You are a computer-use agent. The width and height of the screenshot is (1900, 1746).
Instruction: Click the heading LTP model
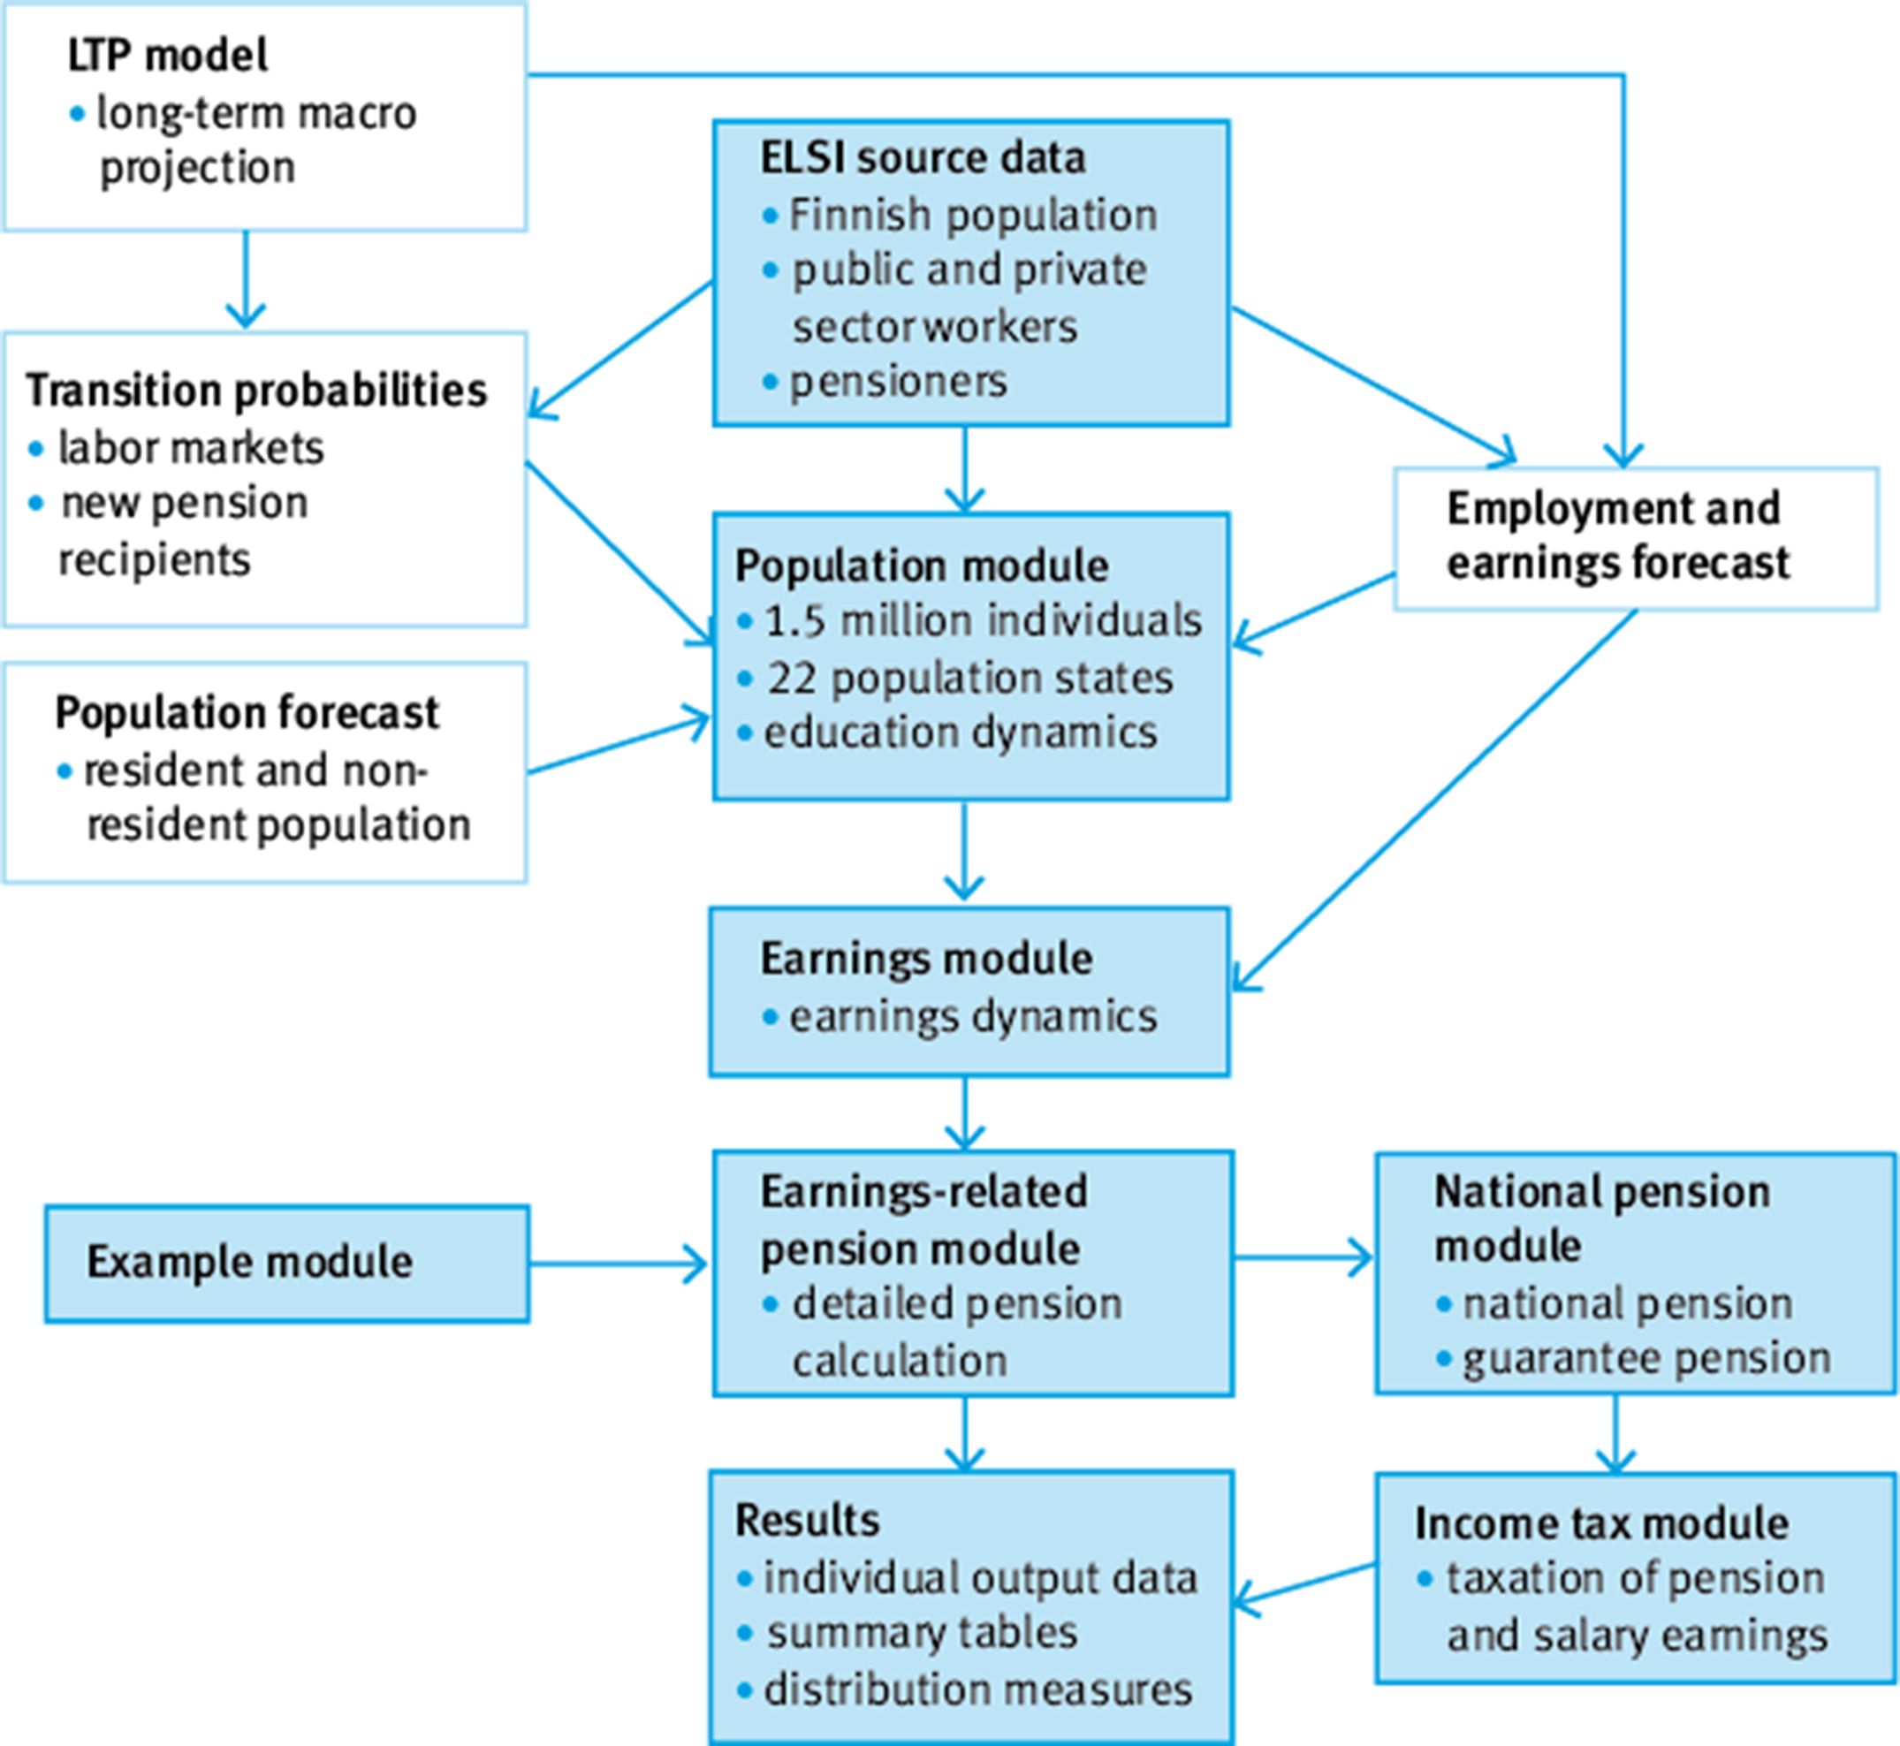click(167, 56)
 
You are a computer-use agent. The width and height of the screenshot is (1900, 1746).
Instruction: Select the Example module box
click(286, 1264)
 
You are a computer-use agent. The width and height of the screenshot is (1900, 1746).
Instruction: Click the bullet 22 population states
click(969, 679)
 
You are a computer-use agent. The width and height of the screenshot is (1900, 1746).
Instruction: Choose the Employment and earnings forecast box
click(1635, 537)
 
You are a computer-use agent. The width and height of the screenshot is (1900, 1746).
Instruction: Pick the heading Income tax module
click(1600, 1524)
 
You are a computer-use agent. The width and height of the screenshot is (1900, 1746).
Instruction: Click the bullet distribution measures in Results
click(977, 1690)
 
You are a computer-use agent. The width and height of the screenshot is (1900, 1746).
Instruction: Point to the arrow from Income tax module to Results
click(1303, 1584)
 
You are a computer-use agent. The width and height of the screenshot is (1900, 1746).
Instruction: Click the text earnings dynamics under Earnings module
click(972, 1018)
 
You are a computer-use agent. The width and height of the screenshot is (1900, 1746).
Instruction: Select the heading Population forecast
click(247, 713)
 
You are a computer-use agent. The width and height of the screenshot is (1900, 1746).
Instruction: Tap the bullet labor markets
click(190, 448)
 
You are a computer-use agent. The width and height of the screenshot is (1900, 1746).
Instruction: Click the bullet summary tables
click(921, 1634)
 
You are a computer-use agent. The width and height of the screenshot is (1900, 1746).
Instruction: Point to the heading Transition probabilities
click(256, 391)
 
